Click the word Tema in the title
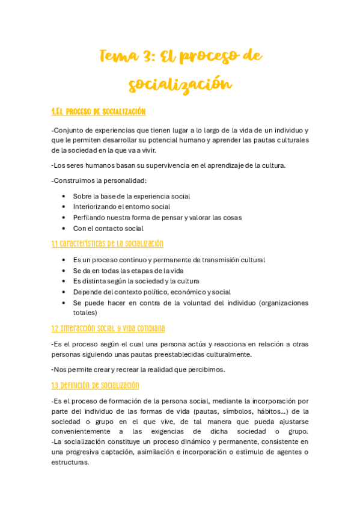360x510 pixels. coord(119,57)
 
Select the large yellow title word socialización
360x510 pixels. coord(180,84)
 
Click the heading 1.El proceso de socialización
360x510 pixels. coord(99,112)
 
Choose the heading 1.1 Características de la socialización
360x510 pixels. coord(107,244)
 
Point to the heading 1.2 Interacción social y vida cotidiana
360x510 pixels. coord(108,328)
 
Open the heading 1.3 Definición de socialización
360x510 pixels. coord(96,386)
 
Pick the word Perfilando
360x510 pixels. coord(90,218)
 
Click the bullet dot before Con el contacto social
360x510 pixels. coord(64,229)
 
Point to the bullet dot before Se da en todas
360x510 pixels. coord(64,271)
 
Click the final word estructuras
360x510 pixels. coord(70,462)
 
